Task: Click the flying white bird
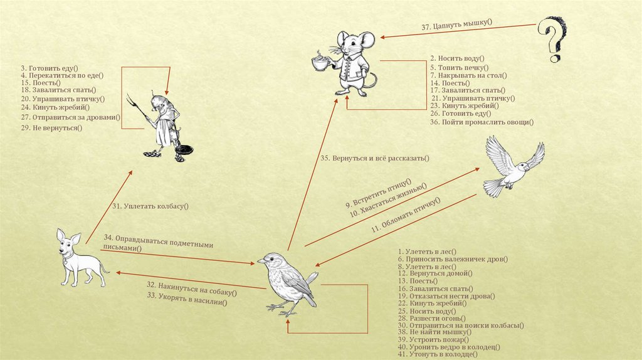pyautogui.click(x=512, y=166)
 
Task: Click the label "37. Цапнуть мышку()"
pyautogui.click(x=456, y=26)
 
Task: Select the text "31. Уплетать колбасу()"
pyautogui.click(x=150, y=206)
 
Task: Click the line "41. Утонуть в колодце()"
pyautogui.click(x=438, y=355)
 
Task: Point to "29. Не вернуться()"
pyautogui.click(x=51, y=128)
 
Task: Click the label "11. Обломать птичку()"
pyautogui.click(x=405, y=216)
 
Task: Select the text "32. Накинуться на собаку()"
pyautogui.click(x=191, y=288)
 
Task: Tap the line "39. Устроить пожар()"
pyautogui.click(x=433, y=340)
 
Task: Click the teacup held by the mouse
pyautogui.click(x=321, y=63)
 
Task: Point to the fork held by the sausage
pyautogui.click(x=135, y=107)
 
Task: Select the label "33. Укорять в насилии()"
pyautogui.click(x=187, y=299)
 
